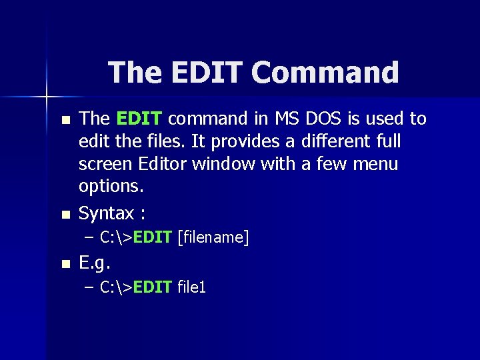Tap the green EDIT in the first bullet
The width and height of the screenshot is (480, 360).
139,119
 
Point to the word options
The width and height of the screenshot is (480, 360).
111,186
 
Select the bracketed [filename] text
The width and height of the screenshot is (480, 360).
213,237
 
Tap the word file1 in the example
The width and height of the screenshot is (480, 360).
193,287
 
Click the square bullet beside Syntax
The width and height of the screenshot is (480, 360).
64,215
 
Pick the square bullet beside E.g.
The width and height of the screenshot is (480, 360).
64,264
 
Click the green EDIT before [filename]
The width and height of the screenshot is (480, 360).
153,237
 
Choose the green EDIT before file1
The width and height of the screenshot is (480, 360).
153,287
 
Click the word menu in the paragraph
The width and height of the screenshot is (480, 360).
375,164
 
